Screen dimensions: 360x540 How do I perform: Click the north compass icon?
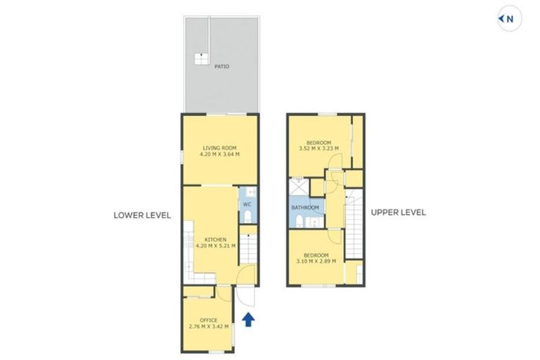coord(510,19)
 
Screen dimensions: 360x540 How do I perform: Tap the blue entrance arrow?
coord(247,321)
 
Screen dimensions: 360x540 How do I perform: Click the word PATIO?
coord(221,67)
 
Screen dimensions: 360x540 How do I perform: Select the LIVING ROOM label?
coord(219,148)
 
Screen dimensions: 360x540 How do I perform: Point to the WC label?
coord(247,205)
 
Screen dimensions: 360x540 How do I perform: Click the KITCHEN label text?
coord(215,240)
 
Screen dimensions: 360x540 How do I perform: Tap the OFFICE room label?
coord(208,321)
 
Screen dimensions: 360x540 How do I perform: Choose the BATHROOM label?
coord(305,207)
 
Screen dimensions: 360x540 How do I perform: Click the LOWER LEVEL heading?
coord(143,215)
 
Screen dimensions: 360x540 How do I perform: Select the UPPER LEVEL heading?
coord(398,212)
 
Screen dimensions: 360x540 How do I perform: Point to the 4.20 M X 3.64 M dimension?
coord(219,154)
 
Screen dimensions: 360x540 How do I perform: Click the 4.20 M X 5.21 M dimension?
coord(215,246)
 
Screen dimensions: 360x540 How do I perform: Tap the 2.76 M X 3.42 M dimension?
coord(208,327)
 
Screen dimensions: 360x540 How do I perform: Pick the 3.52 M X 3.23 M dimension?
coord(319,148)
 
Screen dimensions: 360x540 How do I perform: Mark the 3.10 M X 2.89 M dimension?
coord(315,261)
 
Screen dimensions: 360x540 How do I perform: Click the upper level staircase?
coord(355,225)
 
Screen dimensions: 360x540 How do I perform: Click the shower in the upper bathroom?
coord(298,186)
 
